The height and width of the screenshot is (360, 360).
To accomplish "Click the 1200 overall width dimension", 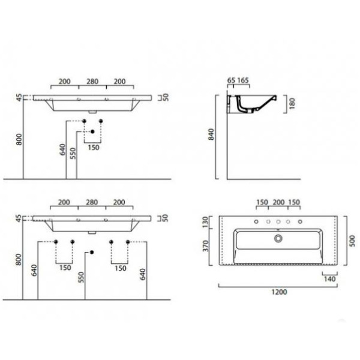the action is tap(279, 292).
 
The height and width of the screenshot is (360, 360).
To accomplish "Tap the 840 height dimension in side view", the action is tap(211, 134).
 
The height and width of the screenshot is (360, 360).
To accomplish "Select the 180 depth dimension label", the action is tap(292, 103).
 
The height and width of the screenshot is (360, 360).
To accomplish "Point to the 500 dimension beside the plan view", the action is tap(352, 241).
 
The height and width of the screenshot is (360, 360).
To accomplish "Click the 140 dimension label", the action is tap(329, 279).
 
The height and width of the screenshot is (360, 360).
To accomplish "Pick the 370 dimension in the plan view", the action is tap(206, 246).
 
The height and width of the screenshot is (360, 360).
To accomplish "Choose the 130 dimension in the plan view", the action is tap(205, 221).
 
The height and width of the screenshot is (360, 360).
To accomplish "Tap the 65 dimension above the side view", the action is tap(231, 80).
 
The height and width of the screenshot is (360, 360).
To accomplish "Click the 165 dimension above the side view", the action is tap(243, 80).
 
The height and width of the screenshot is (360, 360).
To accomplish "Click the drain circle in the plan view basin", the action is tap(278, 239).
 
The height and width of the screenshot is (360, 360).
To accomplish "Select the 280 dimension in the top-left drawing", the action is tap(92, 82).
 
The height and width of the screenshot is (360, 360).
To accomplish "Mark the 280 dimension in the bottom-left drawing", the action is tap(92, 202).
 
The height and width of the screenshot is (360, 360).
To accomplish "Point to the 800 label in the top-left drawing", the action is tap(19, 139).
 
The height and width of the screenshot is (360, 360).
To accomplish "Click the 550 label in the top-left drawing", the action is tap(73, 154).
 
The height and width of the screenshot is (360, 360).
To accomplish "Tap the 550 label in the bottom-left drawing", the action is tap(81, 277).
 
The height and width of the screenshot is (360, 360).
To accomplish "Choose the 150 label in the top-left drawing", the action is tap(94, 148).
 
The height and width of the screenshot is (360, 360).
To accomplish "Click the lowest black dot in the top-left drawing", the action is tap(92, 131).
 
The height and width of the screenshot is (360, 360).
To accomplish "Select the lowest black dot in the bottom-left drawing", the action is tap(92, 253).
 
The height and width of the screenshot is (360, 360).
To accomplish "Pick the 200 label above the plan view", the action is tap(278, 202).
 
